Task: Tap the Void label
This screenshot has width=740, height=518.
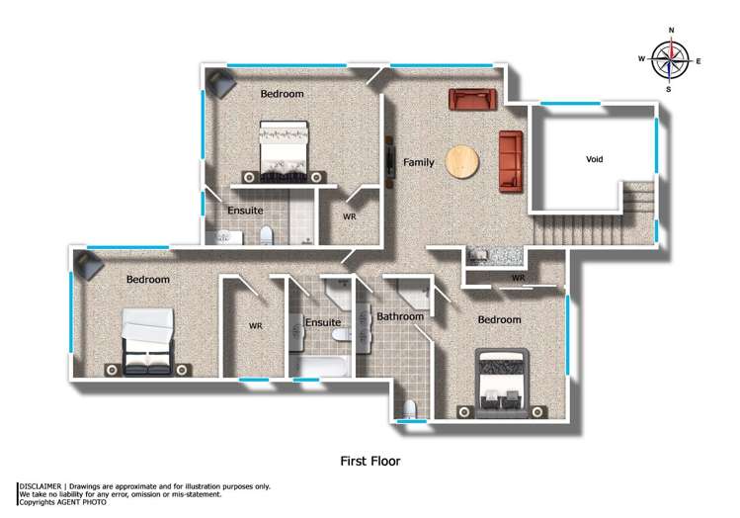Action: click(594, 159)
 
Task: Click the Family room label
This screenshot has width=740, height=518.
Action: click(418, 163)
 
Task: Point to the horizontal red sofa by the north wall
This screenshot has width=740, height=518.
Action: click(473, 99)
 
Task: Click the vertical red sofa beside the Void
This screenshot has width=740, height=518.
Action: click(510, 160)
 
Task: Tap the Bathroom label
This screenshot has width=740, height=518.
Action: click(399, 317)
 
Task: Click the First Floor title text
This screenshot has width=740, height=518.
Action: click(370, 461)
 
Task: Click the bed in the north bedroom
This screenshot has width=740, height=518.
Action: click(284, 148)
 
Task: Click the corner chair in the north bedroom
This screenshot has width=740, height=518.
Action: click(219, 83)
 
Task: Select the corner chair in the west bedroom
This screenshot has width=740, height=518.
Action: click(87, 264)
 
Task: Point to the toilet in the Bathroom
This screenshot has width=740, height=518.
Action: click(410, 408)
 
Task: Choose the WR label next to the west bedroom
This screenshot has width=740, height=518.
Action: click(255, 325)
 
